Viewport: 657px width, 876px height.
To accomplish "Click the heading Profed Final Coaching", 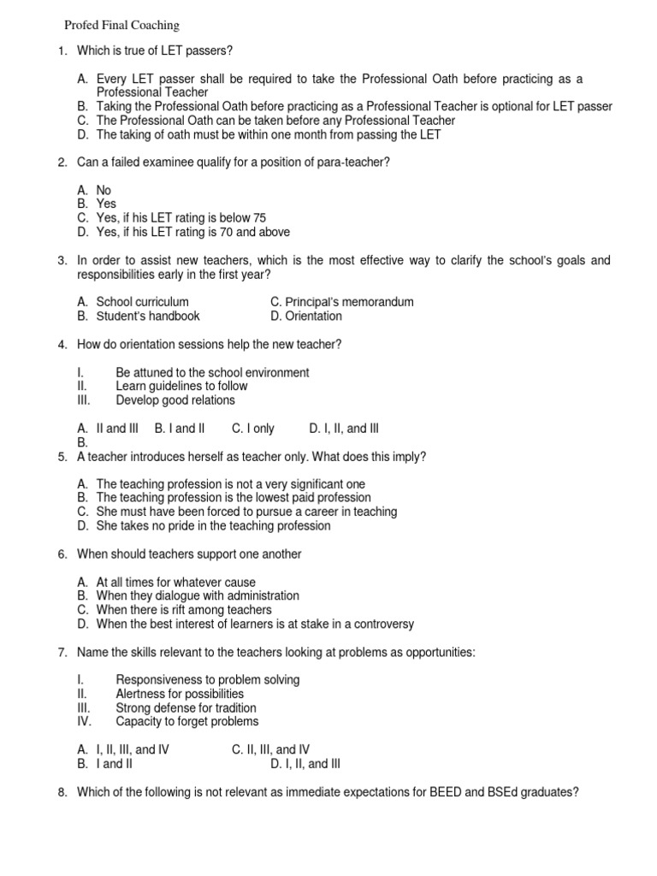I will click(x=123, y=26).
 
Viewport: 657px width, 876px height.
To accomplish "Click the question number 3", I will click(x=62, y=260).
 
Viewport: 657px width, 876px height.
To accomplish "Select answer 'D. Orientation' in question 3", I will click(x=305, y=316).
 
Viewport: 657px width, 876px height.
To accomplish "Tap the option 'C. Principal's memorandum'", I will click(x=341, y=302).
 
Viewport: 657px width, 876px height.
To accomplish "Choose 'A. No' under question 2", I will click(x=94, y=190).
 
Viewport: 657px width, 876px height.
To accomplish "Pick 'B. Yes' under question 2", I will click(x=96, y=204).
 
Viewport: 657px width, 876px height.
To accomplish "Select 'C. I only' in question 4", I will click(x=252, y=429).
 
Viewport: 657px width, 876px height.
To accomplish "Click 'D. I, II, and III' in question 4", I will click(x=344, y=429).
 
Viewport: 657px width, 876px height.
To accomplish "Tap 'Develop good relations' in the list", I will click(x=175, y=400).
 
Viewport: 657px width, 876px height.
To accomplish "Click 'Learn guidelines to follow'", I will click(x=181, y=387).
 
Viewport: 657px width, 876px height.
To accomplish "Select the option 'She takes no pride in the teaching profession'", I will click(x=213, y=526).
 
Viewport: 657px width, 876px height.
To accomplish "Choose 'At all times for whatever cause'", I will click(x=175, y=582).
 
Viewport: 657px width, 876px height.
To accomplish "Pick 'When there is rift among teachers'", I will click(x=184, y=610).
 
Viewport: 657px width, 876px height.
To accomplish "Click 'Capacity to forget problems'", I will click(x=187, y=721).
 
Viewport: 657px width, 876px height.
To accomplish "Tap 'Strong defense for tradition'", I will click(x=186, y=707).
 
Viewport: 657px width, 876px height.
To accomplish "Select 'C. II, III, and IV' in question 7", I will click(x=270, y=749).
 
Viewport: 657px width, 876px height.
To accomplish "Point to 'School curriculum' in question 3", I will click(x=142, y=302).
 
